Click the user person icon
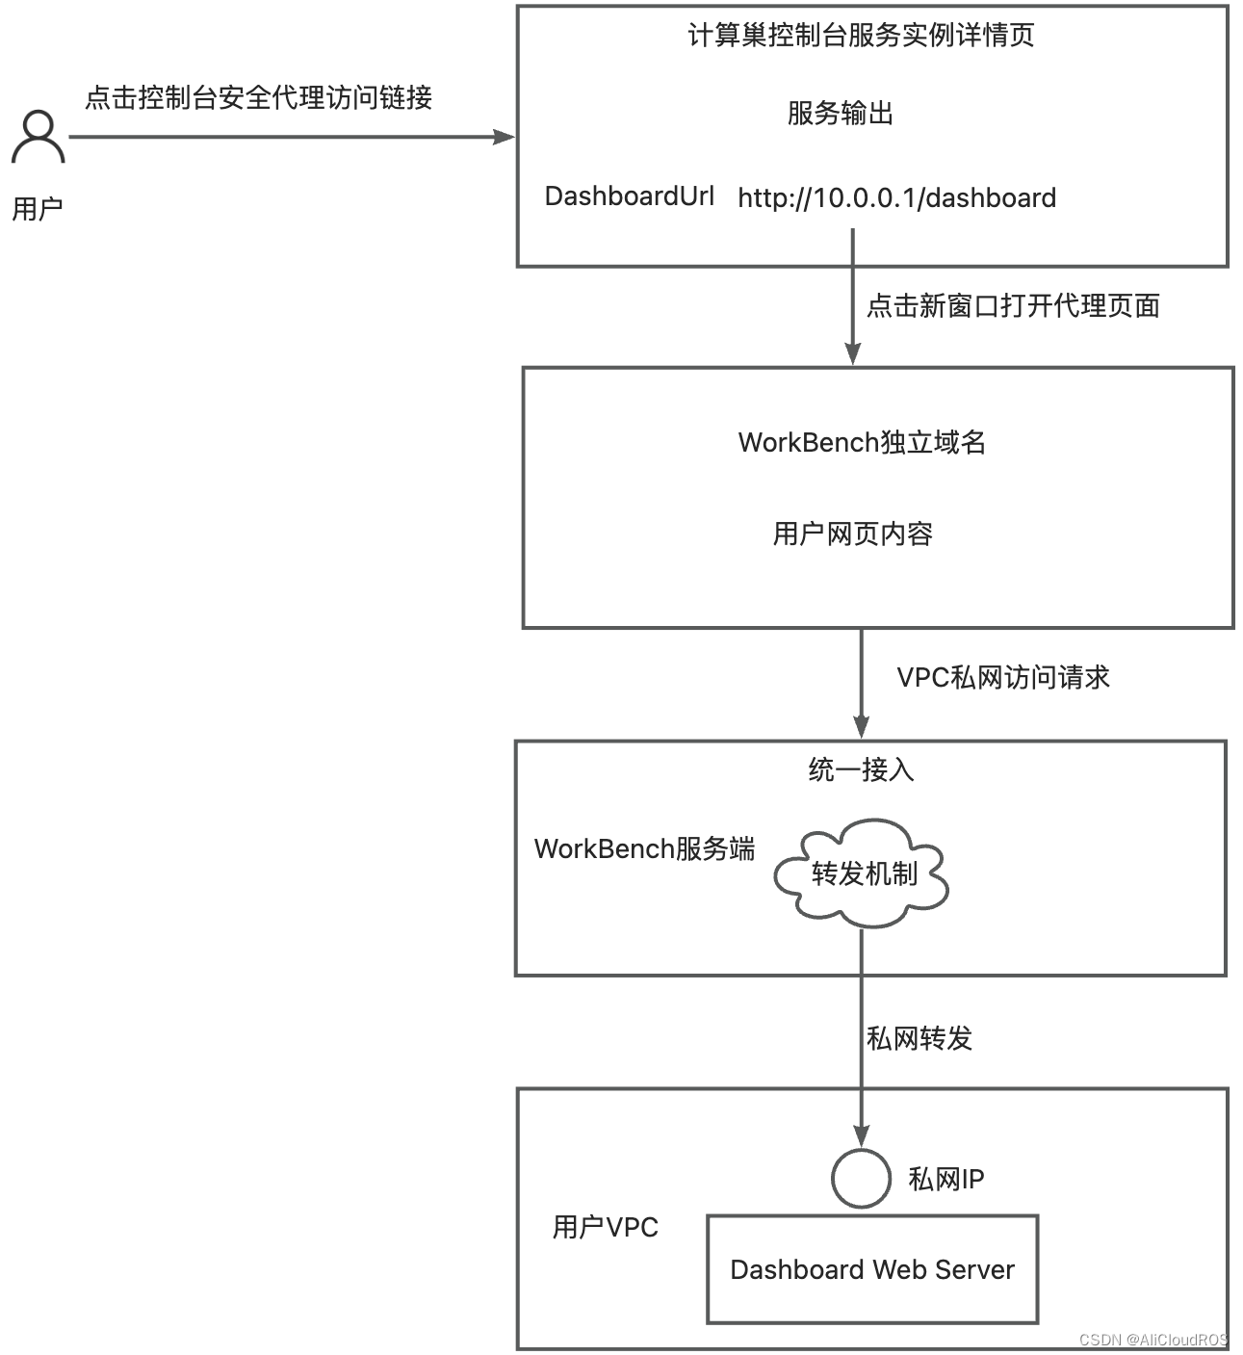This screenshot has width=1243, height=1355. (39, 137)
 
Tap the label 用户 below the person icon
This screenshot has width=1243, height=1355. (38, 208)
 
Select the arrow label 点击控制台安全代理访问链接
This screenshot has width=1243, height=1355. (258, 97)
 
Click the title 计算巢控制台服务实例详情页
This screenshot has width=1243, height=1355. (861, 36)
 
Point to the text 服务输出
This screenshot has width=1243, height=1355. (840, 113)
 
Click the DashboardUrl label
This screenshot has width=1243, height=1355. (629, 196)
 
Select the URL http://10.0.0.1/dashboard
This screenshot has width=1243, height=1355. (896, 198)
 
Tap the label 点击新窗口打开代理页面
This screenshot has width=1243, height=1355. (1013, 305)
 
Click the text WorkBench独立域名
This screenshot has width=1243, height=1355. (862, 442)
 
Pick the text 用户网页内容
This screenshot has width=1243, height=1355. (852, 534)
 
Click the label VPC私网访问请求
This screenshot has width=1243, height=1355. (1003, 677)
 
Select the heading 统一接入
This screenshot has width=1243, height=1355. (861, 769)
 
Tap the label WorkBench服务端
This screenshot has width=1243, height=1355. (644, 848)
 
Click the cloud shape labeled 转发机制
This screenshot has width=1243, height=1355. (862, 873)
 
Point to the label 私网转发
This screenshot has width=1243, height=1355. (919, 1038)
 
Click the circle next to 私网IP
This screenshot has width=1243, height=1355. (861, 1178)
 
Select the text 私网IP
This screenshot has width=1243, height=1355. (945, 1179)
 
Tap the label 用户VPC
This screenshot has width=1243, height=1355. (605, 1227)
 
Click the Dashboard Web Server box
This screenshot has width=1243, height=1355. (872, 1269)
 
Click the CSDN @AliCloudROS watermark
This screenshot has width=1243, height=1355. (1152, 1340)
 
